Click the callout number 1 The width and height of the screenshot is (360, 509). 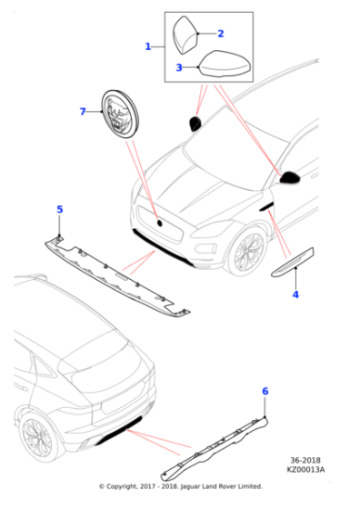(x=148, y=45)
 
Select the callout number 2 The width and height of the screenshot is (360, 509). (x=220, y=33)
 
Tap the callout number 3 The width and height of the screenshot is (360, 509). (x=179, y=67)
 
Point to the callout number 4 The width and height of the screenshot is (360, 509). (x=295, y=294)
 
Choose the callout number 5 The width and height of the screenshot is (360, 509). (x=60, y=210)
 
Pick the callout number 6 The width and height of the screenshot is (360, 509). (x=265, y=391)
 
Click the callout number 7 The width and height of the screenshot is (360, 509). (x=82, y=112)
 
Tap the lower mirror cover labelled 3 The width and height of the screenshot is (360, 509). (x=222, y=66)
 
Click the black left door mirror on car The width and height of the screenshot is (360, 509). (x=195, y=124)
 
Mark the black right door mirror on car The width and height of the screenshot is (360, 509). (x=291, y=177)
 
